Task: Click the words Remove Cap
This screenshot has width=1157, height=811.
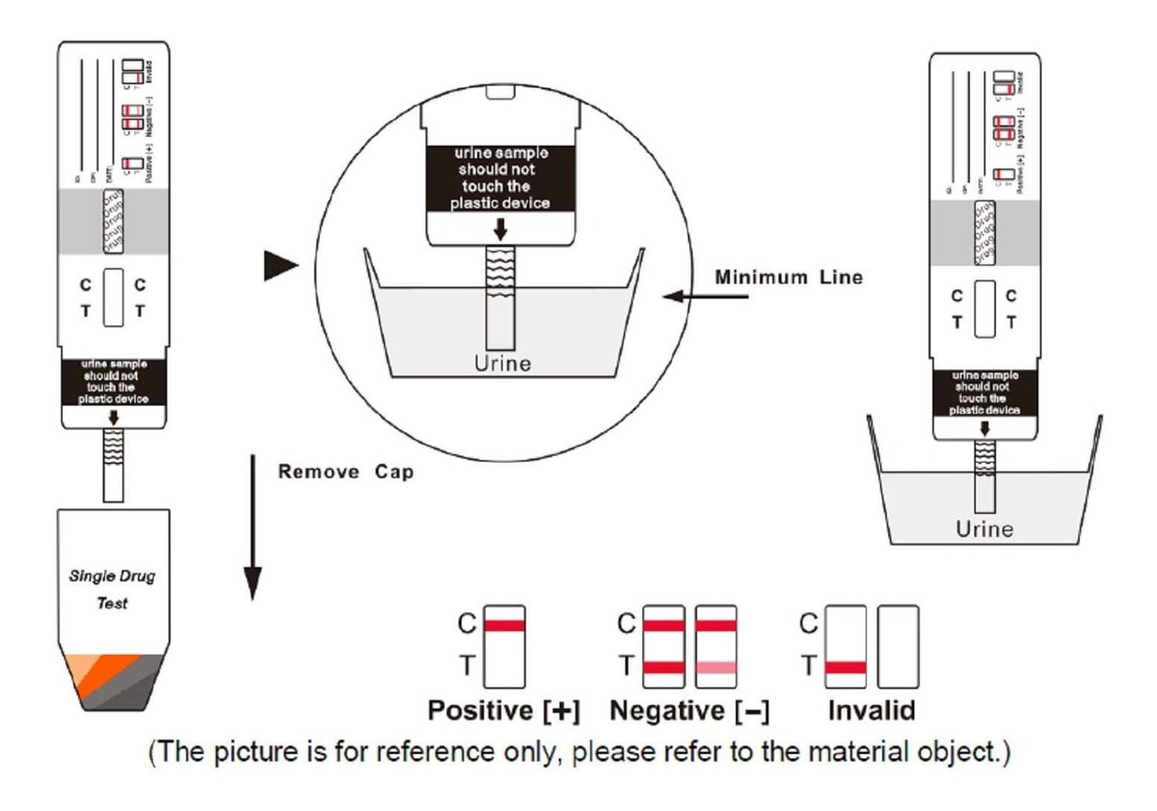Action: (346, 473)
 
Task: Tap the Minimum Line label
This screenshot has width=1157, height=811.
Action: (789, 278)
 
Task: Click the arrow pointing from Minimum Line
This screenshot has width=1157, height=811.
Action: (705, 296)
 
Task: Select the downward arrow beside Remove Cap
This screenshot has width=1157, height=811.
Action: (252, 527)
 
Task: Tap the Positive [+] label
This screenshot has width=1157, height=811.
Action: (503, 712)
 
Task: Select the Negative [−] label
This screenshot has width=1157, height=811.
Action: (690, 712)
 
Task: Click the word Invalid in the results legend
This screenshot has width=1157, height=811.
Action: (872, 712)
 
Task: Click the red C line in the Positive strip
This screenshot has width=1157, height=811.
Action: (504, 625)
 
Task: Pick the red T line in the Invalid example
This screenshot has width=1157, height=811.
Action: (847, 666)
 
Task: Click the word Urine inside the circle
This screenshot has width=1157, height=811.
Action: (501, 364)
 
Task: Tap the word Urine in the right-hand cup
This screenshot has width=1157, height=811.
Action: (984, 528)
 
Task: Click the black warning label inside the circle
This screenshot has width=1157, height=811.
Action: (501, 178)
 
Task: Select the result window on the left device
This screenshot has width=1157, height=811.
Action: (113, 298)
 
